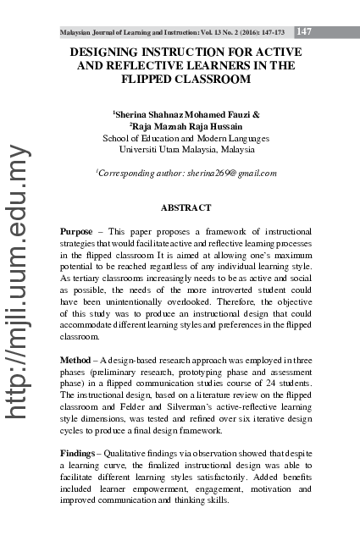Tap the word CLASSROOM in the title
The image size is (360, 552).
coord(203,80)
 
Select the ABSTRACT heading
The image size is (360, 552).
coord(186,207)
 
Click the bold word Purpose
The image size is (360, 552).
coord(77,230)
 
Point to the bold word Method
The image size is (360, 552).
coord(76,361)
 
